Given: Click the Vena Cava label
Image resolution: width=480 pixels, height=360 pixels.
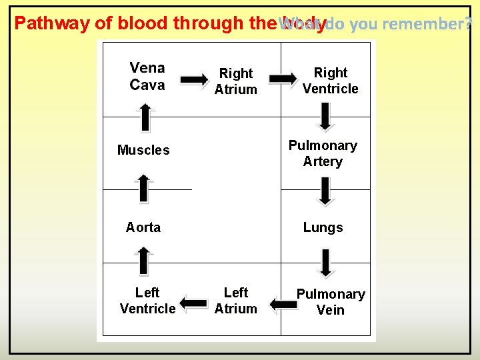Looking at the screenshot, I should point(147,76).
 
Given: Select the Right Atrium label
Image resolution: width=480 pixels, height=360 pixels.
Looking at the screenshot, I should point(235,81).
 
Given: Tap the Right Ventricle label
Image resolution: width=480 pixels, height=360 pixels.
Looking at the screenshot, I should point(330,81).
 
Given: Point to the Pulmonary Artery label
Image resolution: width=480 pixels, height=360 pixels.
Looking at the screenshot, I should point(323,153).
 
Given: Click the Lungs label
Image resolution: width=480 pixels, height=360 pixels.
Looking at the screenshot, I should point(323,227).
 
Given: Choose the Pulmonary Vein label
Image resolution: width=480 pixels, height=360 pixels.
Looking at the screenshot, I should point(331,302).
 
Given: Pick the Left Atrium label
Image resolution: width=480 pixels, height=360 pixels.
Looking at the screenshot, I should point(235,301).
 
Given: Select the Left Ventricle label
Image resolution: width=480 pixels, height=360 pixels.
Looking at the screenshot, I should point(147,301).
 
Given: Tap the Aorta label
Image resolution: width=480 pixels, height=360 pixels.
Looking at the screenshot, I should point(143,227).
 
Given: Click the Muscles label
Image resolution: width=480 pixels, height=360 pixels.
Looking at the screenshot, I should point(143,150).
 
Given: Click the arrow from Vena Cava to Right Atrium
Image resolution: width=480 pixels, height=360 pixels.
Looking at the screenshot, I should point(195,80).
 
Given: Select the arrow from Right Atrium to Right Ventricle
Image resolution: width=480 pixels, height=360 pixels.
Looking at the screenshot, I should point(283,79).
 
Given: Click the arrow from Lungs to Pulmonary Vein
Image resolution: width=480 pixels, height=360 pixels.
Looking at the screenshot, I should point(325,263).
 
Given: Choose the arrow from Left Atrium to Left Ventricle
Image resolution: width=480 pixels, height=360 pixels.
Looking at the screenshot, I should point(194,304).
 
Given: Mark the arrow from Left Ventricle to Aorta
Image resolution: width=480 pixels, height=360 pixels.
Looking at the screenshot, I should point(143,260).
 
